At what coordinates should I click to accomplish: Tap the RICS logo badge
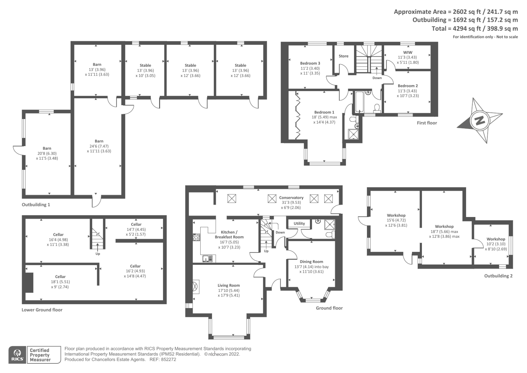17,355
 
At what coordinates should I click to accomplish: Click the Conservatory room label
291,198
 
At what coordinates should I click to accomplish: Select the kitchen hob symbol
196,237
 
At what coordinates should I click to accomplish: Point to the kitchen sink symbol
208,259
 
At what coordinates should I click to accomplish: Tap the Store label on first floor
344,56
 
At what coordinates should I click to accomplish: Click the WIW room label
408,52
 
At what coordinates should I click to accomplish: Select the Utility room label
299,223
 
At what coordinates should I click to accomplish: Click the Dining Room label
311,262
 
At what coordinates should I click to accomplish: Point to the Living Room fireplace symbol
196,287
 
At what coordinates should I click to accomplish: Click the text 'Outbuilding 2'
498,276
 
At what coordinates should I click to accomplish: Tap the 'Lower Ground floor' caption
42,310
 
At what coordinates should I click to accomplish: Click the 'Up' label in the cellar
98,254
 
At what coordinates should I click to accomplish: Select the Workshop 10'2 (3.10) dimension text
496,244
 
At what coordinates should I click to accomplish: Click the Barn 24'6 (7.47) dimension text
99,146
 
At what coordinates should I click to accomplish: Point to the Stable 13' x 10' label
145,70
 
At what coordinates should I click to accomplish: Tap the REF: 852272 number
168,359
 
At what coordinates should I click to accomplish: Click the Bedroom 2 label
408,86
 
